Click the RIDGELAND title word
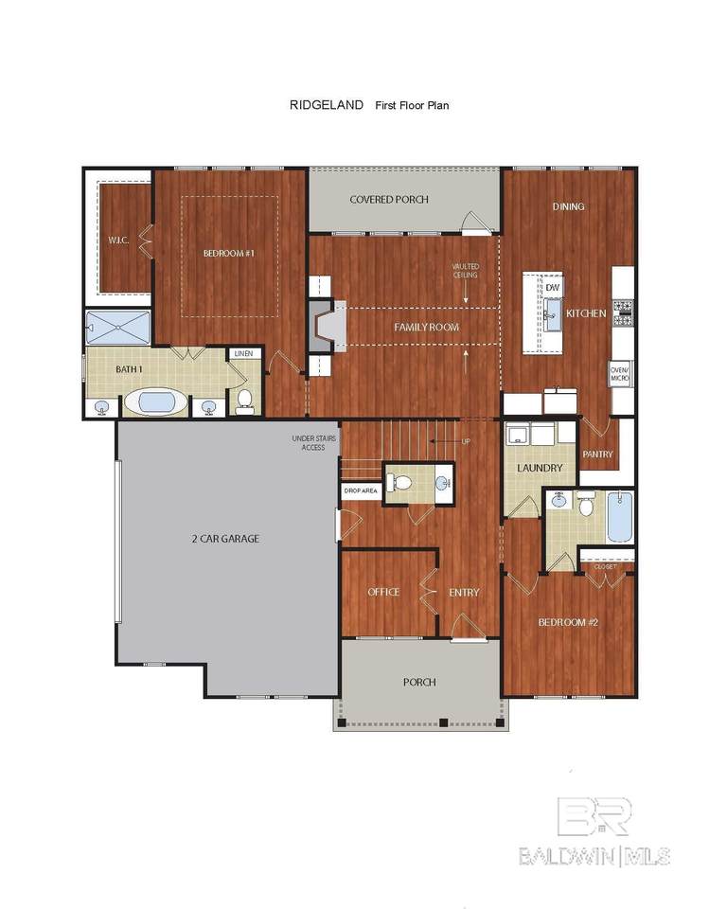[327, 105]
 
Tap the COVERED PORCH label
[389, 200]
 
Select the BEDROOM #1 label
[228, 254]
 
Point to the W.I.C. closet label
[118, 240]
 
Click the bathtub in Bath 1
[156, 401]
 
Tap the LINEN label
[244, 353]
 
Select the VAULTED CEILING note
[466, 271]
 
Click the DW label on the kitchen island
[553, 288]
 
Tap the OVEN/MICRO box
[620, 374]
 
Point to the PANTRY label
[597, 454]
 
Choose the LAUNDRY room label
[540, 468]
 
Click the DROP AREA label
[361, 491]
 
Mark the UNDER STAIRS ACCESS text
[313, 443]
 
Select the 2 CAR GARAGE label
[225, 539]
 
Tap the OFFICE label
[383, 592]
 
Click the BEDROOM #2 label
[568, 623]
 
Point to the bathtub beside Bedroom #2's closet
[620, 517]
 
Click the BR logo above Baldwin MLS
[594, 816]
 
